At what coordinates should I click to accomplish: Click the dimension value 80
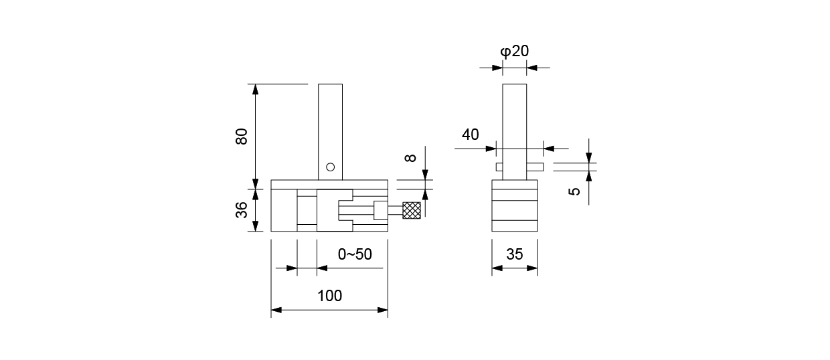tap(242, 137)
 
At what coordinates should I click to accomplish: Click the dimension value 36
tap(242, 210)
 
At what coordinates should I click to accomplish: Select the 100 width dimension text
tap(329, 295)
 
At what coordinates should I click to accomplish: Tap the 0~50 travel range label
tap(354, 254)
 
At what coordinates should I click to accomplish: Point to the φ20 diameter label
tap(515, 52)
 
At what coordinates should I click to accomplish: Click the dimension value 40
tap(471, 134)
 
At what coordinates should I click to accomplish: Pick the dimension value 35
tap(515, 254)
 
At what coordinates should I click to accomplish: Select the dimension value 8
tap(411, 158)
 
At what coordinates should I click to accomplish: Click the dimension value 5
tap(574, 191)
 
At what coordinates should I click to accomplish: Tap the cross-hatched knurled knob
tap(411, 210)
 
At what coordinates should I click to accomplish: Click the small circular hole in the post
tap(330, 167)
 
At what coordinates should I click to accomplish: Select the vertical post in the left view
tap(330, 127)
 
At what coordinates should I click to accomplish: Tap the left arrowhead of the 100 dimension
tap(276, 310)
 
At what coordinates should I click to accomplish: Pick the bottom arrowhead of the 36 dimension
tap(255, 228)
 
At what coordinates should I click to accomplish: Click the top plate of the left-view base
tap(329, 185)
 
